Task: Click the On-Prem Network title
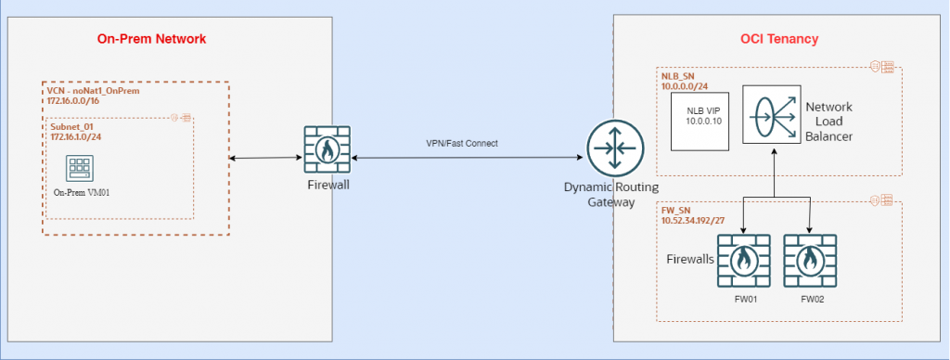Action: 151,39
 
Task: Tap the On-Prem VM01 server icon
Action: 77,168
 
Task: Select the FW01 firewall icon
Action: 743,261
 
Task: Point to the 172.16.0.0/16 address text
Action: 73,100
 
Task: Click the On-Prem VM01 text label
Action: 77,192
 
